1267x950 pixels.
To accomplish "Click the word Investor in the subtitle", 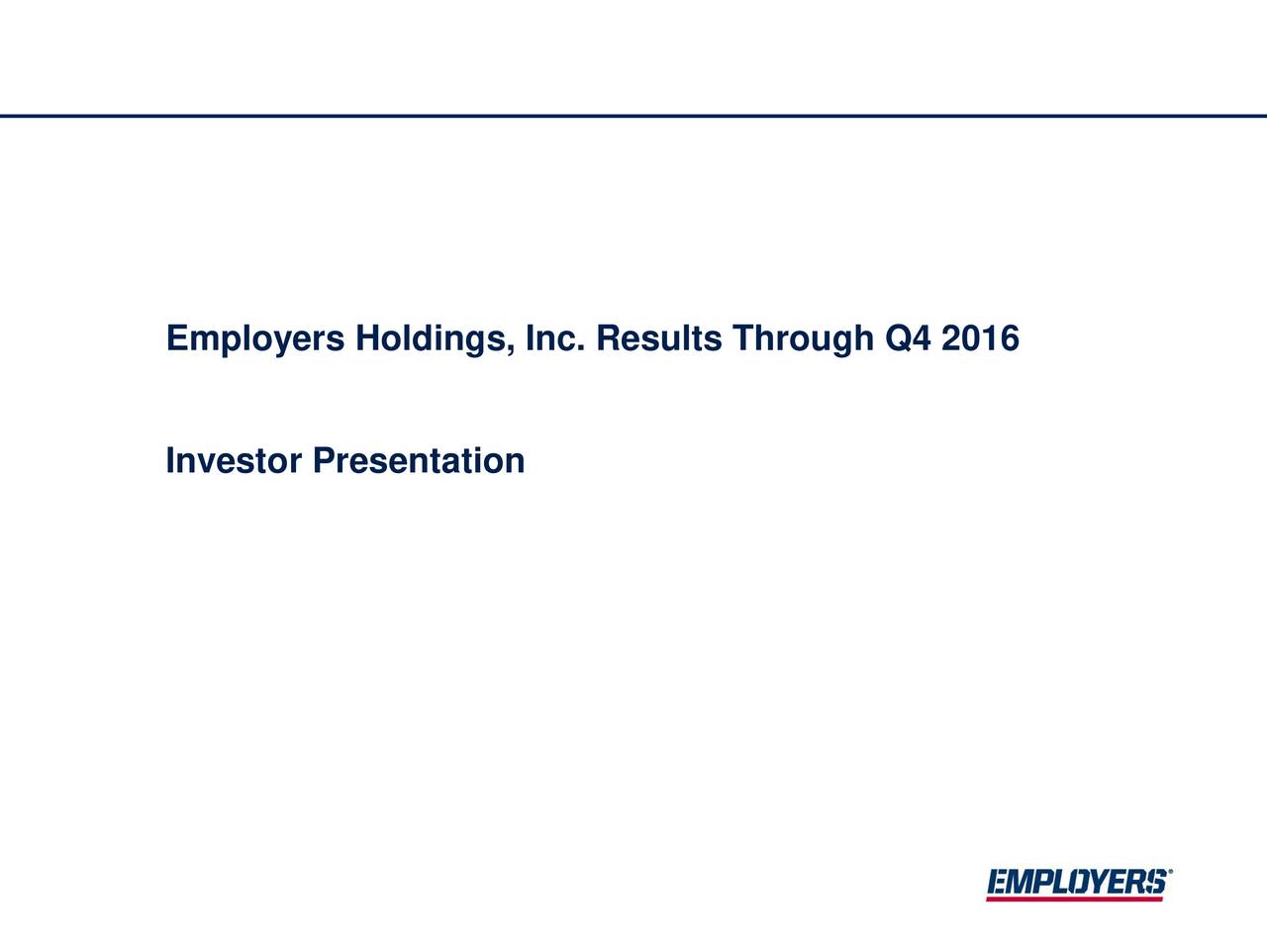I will click(234, 461).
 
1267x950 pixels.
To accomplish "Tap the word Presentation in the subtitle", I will click(418, 461).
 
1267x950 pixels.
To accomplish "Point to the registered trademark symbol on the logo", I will click(1171, 874).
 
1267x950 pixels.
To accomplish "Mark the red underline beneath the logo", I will click(1075, 899).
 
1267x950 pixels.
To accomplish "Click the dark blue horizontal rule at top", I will click(633, 116).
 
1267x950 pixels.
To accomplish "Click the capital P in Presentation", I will click(323, 461).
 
